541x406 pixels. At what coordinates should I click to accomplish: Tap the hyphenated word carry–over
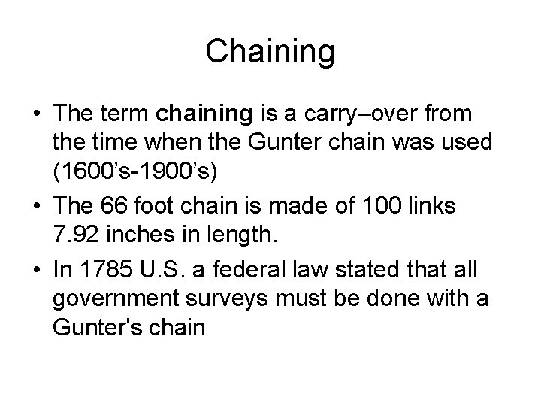click(352, 114)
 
